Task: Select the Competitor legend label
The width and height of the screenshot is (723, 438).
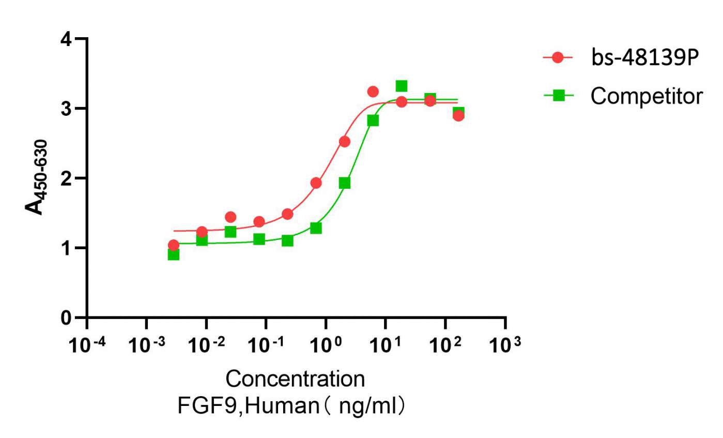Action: click(x=647, y=96)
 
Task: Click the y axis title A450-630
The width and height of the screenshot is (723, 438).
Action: click(x=36, y=177)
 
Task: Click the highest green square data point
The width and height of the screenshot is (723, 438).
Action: click(x=402, y=86)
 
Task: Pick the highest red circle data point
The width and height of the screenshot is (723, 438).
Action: click(x=373, y=92)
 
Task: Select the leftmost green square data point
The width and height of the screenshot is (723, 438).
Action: click(x=174, y=254)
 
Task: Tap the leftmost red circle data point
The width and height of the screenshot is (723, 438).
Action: click(x=174, y=245)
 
